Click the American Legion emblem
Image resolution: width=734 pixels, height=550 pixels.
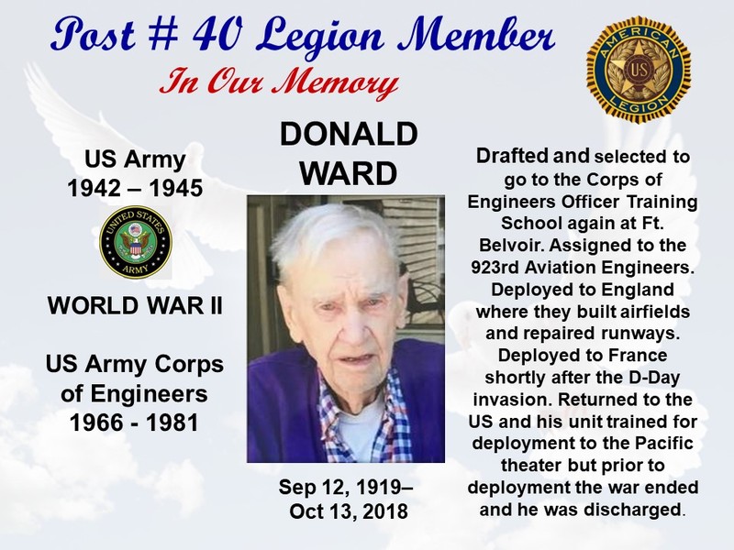click(x=639, y=71)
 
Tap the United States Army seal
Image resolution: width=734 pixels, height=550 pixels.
click(x=136, y=242)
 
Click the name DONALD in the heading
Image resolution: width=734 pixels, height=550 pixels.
click(x=349, y=134)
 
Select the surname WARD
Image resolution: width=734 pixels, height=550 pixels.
click(x=349, y=173)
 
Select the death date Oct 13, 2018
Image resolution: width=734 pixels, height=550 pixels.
click(x=349, y=511)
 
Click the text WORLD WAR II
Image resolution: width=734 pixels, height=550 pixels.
click(x=135, y=306)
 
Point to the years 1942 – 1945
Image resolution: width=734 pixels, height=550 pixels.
click(x=135, y=189)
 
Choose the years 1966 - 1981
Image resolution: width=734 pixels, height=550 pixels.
click(x=134, y=423)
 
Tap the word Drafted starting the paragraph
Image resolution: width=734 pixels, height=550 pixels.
click(x=512, y=156)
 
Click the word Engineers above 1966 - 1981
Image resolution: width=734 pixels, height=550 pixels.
click(x=149, y=394)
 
